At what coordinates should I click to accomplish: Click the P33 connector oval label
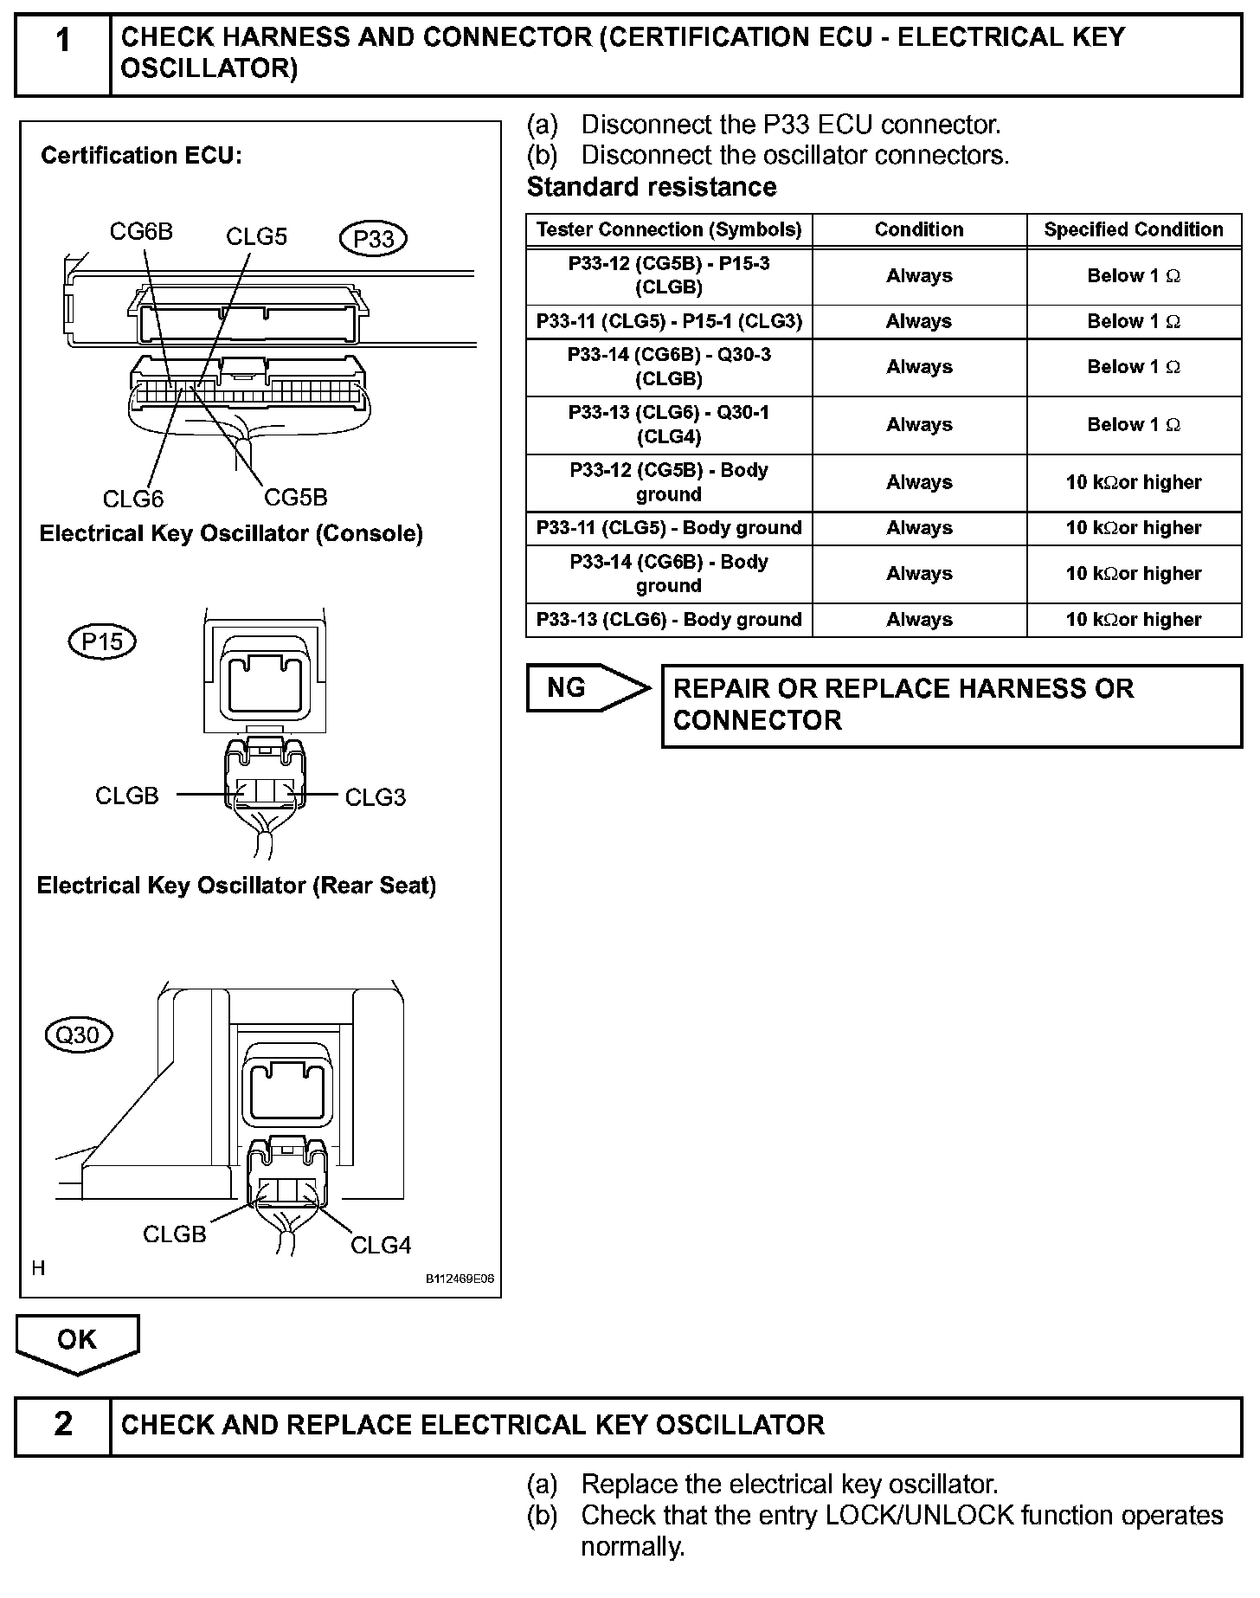[374, 239]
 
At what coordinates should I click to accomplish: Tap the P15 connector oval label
[102, 641]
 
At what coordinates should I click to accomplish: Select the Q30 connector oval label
[78, 1034]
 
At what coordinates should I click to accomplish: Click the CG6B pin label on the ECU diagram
[141, 231]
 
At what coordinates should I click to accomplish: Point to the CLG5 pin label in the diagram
[256, 236]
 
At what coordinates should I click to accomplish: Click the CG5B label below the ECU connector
[296, 497]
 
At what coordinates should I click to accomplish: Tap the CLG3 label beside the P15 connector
[375, 797]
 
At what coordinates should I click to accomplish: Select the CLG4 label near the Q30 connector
[381, 1245]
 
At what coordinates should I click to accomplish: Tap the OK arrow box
[77, 1342]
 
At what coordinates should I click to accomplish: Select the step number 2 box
[63, 1425]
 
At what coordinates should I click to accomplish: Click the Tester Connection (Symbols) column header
[669, 229]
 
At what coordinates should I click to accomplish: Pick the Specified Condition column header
[1134, 229]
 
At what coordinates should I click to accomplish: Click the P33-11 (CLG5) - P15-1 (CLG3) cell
[669, 321]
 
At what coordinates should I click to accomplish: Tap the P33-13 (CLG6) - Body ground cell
[669, 620]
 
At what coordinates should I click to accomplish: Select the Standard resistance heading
[652, 187]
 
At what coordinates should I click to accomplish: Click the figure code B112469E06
[460, 1279]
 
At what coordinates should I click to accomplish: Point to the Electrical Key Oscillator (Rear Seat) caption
[236, 886]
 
